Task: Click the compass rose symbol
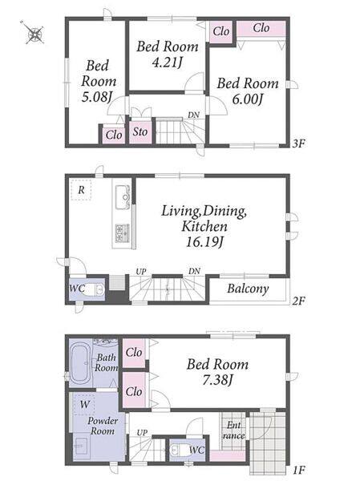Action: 34,34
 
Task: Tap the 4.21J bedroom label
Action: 167,63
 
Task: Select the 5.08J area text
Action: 96,97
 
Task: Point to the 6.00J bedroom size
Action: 248,99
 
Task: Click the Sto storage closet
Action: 140,132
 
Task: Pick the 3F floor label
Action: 298,143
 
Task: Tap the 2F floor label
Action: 298,301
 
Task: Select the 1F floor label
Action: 298,470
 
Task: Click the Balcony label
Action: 248,289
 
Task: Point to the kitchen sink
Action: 123,197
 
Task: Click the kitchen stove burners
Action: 123,232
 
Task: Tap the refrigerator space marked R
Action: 81,190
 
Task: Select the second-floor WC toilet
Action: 95,289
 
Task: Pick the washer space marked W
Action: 84,404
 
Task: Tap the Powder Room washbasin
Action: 82,447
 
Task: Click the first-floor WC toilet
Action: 179,450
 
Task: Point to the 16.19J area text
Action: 204,242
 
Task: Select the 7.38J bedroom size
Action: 217,380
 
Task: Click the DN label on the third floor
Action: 194,115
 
